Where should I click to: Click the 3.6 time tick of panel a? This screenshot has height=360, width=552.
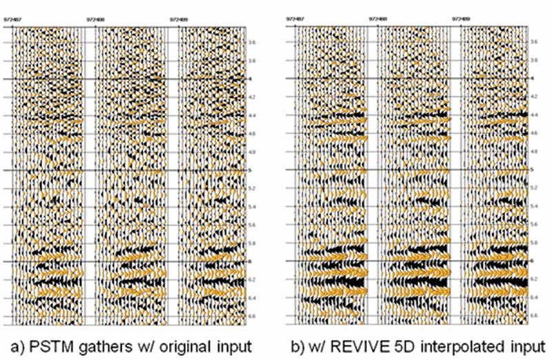point(253,43)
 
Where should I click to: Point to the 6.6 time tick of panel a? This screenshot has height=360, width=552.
point(253,315)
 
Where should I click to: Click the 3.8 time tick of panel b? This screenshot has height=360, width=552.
point(535,61)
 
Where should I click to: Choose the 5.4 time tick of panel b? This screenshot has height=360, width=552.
point(535,206)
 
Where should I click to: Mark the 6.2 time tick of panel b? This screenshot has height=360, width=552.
point(535,279)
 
